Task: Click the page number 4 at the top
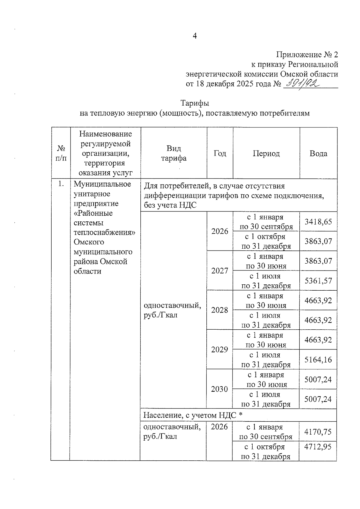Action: (195, 36)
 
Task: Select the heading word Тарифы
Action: (195, 103)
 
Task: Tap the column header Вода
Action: (318, 154)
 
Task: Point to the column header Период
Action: (266, 154)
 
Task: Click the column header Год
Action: (220, 154)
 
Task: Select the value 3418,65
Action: (318, 222)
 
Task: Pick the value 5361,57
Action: (318, 281)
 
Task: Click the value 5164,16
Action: (318, 359)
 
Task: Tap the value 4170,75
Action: (318, 432)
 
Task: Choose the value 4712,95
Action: (318, 447)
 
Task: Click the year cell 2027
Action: (220, 271)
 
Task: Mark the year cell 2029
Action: (220, 349)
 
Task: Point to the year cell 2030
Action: (220, 389)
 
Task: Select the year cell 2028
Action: (220, 310)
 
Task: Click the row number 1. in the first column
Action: (61, 184)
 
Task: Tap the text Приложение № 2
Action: (307, 55)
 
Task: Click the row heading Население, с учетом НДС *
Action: (193, 415)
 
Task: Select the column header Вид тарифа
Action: (174, 153)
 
